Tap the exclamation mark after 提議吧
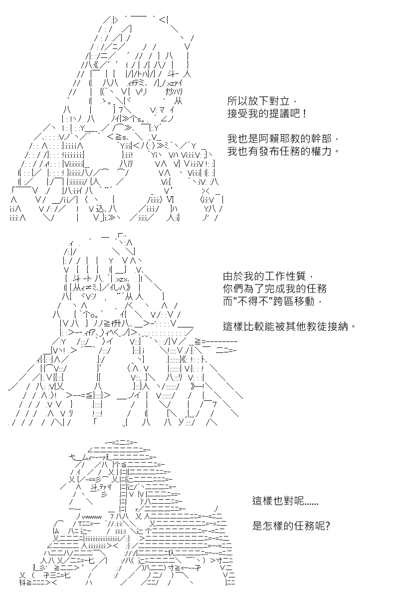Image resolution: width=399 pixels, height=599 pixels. click(x=305, y=114)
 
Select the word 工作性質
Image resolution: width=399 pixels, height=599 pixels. click(x=285, y=276)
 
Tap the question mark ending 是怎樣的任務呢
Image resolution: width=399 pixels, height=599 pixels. click(x=328, y=526)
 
